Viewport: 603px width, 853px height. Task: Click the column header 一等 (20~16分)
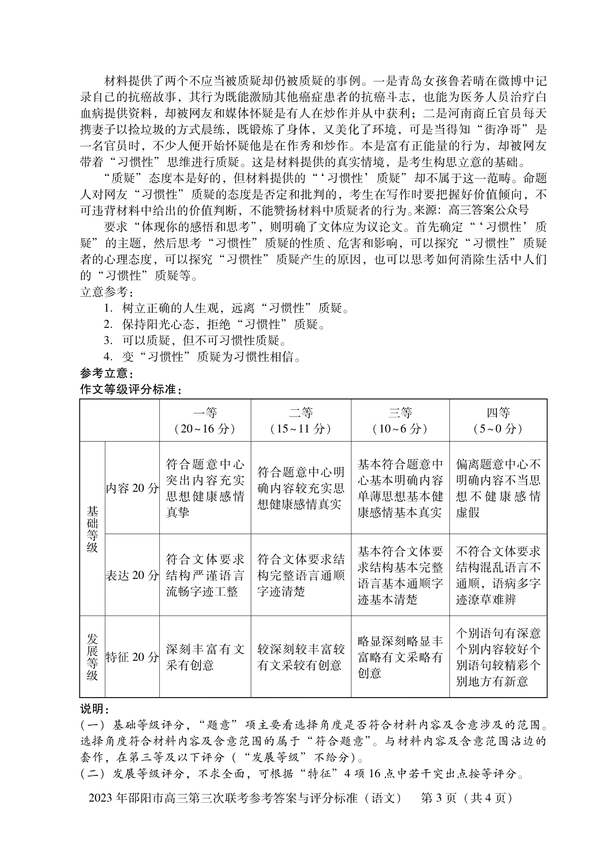(x=205, y=420)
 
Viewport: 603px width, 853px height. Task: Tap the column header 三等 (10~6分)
(x=400, y=420)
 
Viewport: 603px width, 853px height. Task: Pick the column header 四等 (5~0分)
(x=498, y=420)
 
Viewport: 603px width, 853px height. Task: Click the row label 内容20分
(x=132, y=488)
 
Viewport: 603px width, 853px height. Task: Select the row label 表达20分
(x=132, y=575)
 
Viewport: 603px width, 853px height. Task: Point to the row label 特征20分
(x=132, y=657)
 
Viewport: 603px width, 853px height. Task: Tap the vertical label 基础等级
(x=92, y=529)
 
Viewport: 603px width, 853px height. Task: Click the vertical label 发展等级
(x=92, y=657)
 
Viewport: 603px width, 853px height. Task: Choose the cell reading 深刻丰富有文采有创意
(x=205, y=657)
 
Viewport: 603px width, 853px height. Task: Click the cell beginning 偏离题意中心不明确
(x=498, y=488)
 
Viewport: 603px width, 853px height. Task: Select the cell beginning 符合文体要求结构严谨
(x=205, y=575)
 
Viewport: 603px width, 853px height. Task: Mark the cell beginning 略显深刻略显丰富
(x=400, y=657)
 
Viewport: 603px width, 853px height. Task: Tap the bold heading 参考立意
(x=107, y=374)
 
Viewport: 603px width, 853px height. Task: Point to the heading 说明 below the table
(x=94, y=709)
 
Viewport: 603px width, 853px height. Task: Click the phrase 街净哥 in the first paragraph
(x=503, y=129)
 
